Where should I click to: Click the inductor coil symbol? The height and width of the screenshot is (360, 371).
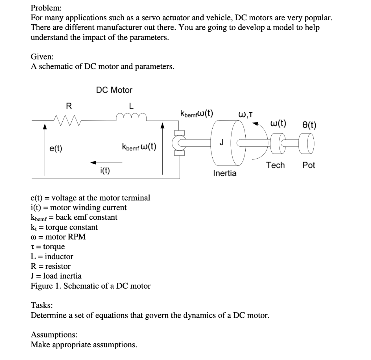131,116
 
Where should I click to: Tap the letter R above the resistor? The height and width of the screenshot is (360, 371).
68,106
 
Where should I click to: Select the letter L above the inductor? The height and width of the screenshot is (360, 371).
131,106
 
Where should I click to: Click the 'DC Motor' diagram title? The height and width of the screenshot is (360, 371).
114,90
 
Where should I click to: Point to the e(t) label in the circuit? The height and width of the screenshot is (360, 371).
56,148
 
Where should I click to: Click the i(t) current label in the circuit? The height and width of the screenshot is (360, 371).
105,171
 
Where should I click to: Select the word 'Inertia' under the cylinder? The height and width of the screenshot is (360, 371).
225,173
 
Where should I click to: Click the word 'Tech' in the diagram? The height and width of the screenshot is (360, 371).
275,165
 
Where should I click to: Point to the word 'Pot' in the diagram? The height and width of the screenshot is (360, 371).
309,165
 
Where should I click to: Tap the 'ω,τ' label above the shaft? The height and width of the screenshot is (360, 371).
245,115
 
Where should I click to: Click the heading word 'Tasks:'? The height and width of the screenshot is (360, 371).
42,305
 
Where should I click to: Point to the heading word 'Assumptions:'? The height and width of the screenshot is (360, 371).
54,334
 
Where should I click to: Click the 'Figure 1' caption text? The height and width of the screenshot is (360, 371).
91,286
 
